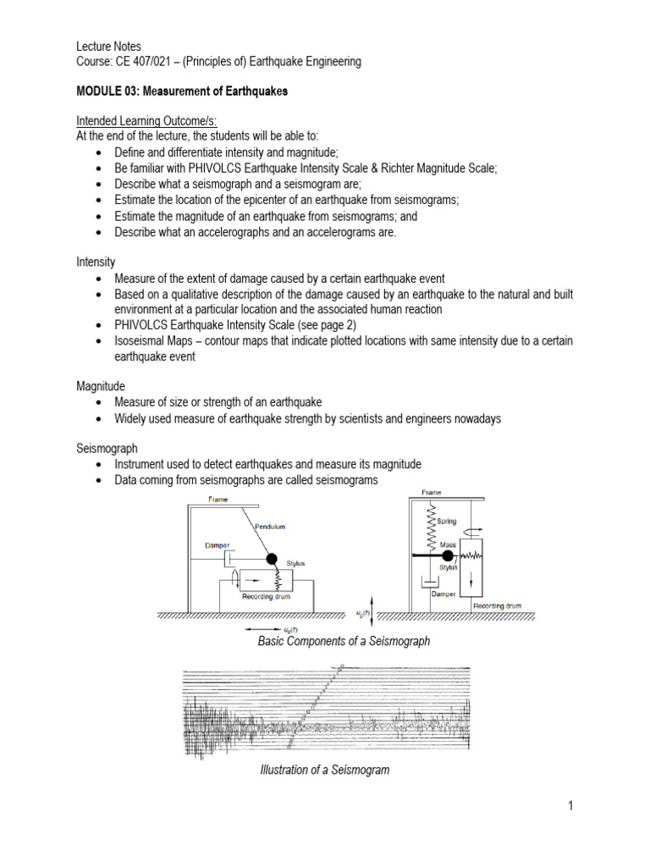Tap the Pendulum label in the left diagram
271,526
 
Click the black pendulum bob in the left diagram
273,559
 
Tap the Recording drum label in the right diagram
497,606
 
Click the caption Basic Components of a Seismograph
344,641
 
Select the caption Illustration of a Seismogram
324,770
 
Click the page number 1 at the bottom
571,805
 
